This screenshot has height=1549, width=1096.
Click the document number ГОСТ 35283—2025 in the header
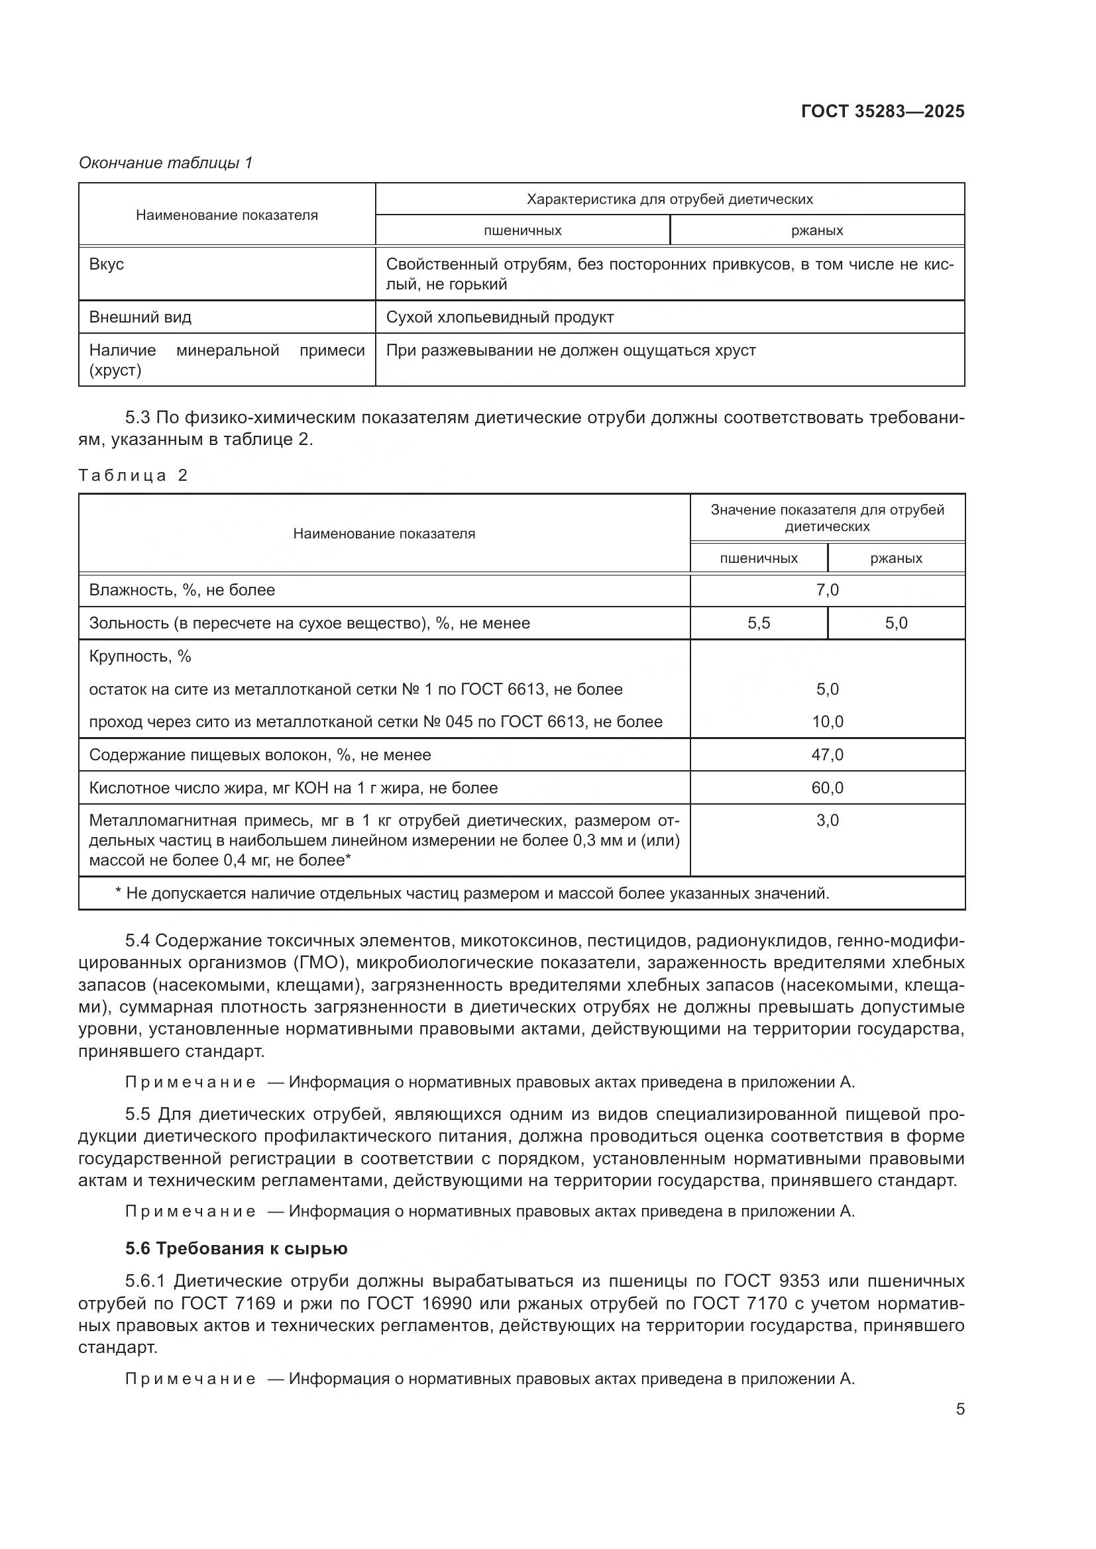click(x=882, y=111)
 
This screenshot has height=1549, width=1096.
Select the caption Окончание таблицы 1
click(x=166, y=163)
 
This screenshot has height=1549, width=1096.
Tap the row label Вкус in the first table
click(x=107, y=264)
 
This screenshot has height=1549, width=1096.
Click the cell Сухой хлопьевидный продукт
click(x=500, y=317)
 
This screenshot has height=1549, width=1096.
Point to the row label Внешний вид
click(x=140, y=317)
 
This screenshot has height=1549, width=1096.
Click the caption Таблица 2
click(x=133, y=475)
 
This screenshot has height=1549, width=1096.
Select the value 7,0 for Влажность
click(x=827, y=590)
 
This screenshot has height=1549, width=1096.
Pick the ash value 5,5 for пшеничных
click(x=759, y=623)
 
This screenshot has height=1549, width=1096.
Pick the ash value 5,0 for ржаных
click(x=896, y=623)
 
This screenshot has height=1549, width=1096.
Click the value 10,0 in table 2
click(x=827, y=722)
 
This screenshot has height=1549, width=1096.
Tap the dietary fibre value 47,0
click(x=827, y=755)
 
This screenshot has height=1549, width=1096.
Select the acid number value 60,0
click(x=827, y=788)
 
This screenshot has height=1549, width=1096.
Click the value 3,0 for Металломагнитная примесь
click(x=827, y=821)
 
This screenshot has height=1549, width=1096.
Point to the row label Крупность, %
click(x=140, y=656)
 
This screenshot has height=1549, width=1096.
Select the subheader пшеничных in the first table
click(x=522, y=230)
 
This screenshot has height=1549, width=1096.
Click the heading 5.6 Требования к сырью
click(x=236, y=1249)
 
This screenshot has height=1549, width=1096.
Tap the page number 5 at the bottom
click(x=959, y=1409)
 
